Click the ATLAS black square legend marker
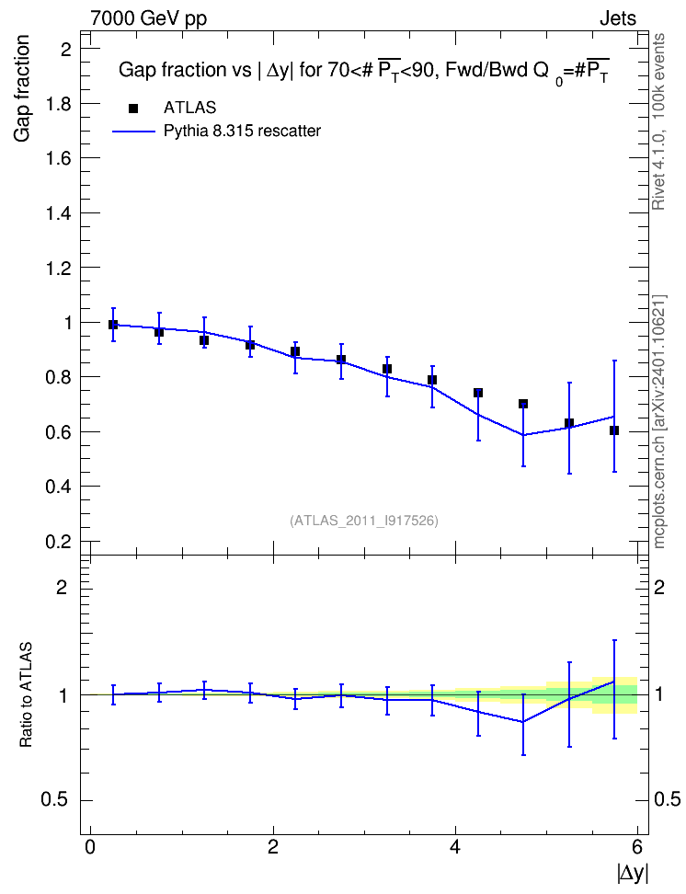click(133, 109)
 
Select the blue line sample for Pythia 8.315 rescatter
click(133, 132)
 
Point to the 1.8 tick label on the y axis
click(59, 104)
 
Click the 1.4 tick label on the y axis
click(59, 213)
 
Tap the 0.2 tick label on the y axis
click(59, 542)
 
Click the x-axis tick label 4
click(455, 847)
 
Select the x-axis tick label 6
click(637, 847)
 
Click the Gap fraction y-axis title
click(21, 88)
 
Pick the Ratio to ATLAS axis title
click(26, 695)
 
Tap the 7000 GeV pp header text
click(148, 18)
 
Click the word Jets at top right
click(618, 18)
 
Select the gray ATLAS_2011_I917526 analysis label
click(364, 521)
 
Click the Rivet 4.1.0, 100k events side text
click(658, 122)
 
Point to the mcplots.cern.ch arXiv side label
click(658, 422)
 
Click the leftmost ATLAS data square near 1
click(113, 325)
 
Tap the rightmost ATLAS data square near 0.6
click(614, 430)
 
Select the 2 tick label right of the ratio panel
click(659, 587)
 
